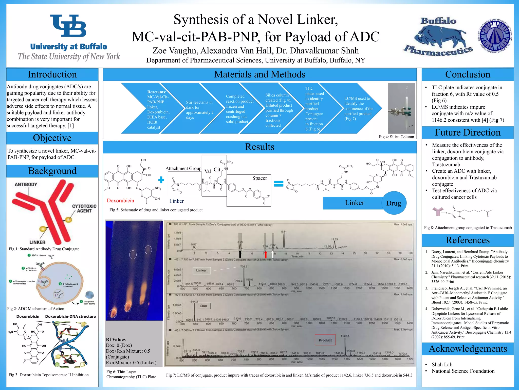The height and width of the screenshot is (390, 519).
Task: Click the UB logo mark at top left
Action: click(x=68, y=26)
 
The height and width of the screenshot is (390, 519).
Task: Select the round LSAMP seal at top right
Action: click(x=495, y=36)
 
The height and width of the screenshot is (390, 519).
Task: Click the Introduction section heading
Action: click(x=52, y=75)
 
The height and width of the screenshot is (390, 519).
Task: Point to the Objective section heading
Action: click(x=52, y=138)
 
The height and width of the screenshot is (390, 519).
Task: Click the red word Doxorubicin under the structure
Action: click(x=120, y=201)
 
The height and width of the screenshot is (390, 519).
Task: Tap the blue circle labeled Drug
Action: click(x=394, y=203)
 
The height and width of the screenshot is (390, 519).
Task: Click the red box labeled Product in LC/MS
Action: click(x=325, y=340)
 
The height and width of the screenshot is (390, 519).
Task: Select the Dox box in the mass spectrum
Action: click(x=203, y=306)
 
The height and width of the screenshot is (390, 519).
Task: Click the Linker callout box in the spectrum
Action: click(x=201, y=270)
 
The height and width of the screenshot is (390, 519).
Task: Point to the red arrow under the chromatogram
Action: click(x=265, y=254)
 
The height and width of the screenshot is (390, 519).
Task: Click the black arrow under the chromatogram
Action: click(x=240, y=254)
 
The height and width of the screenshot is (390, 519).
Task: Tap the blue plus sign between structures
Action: click(x=161, y=180)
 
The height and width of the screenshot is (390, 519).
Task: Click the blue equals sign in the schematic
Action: click(x=279, y=184)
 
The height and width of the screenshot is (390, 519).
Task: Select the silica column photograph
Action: click(x=401, y=108)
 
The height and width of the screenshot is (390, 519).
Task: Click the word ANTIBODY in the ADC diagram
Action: click(x=26, y=184)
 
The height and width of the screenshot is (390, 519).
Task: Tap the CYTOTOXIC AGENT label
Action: click(x=84, y=208)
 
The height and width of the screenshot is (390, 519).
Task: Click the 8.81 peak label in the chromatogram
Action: click(x=284, y=232)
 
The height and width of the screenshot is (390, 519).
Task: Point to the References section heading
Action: click(x=468, y=240)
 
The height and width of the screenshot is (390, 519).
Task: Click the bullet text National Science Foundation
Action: click(x=463, y=371)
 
